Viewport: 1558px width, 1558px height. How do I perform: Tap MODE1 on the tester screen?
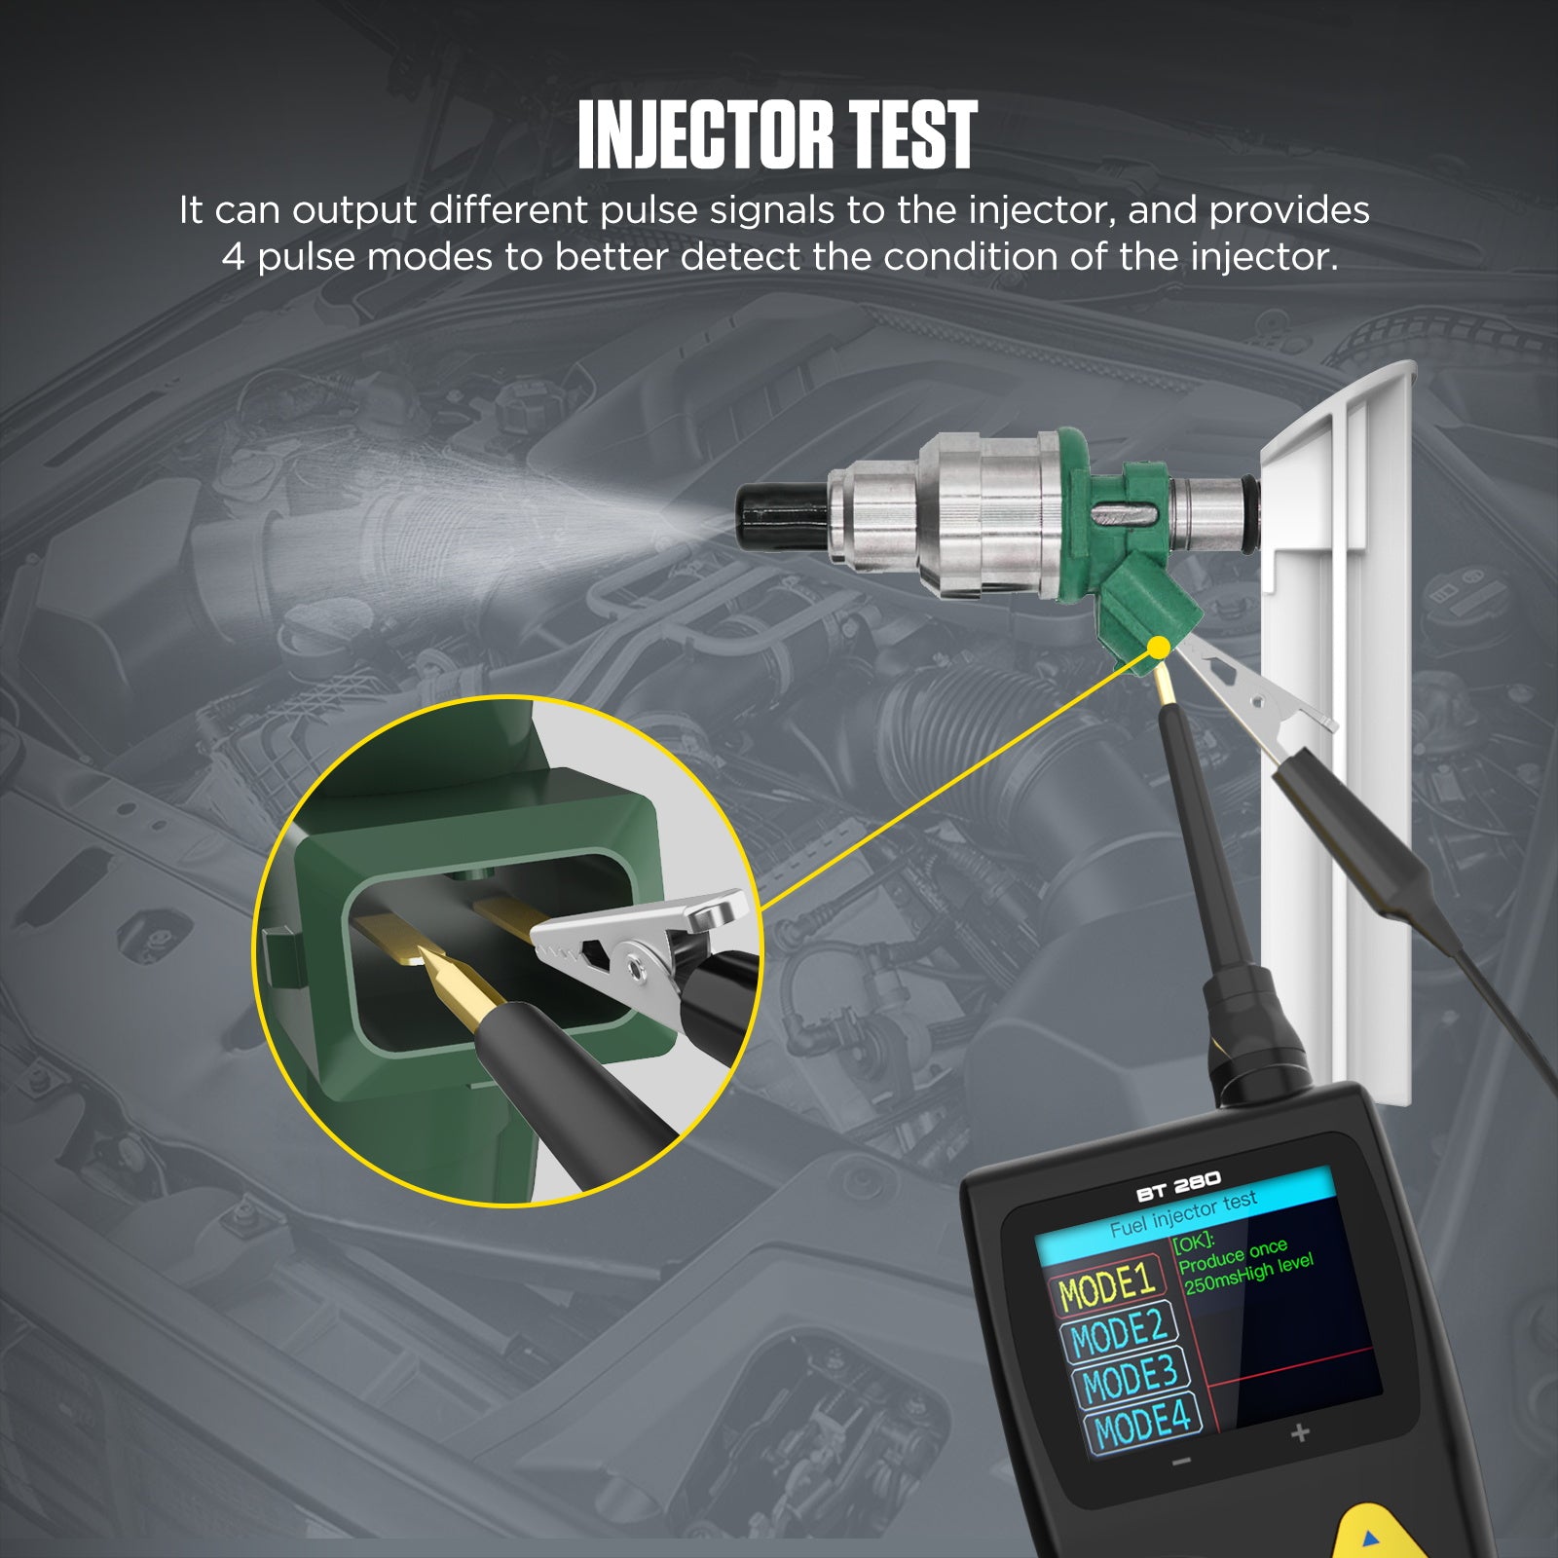pos(1107,1286)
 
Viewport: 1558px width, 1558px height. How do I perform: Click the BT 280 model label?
pos(1178,1186)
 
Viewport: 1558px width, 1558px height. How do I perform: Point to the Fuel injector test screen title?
pos(1184,1214)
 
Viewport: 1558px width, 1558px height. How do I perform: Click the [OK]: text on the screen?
pos(1194,1242)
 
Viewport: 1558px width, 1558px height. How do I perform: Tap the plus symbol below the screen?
pos(1300,1432)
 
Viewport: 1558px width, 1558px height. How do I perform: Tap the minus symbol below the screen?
pos(1181,1463)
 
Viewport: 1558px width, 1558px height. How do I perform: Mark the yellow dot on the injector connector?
pos(1159,647)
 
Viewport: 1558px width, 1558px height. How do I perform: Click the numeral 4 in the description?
pos(233,257)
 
